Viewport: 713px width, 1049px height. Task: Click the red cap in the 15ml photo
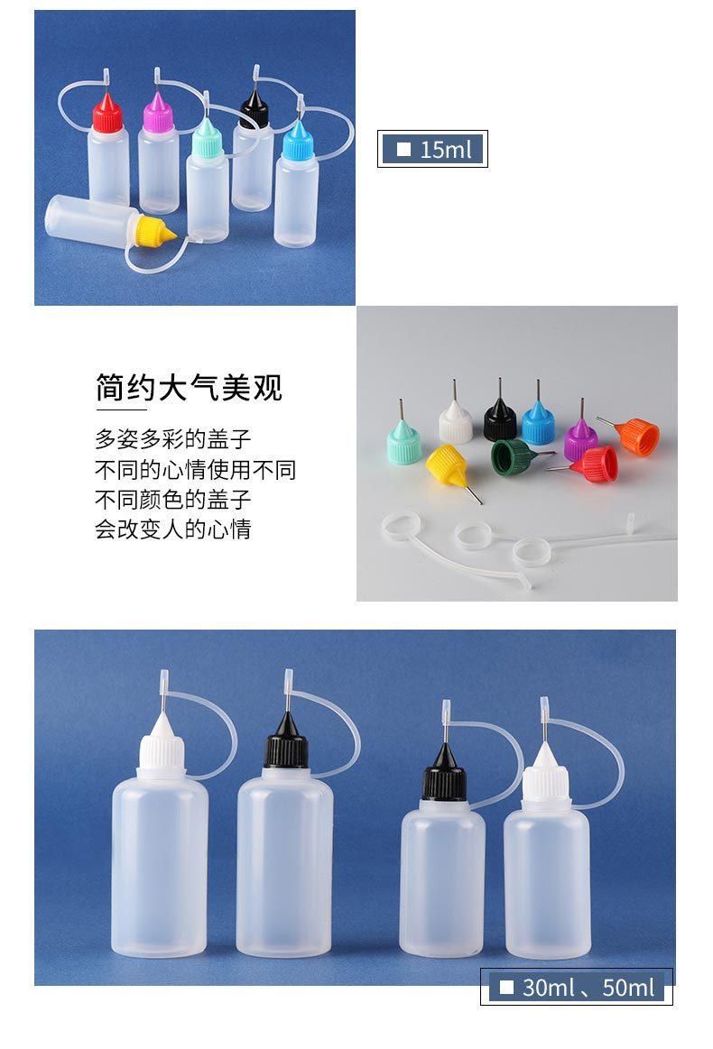point(106,116)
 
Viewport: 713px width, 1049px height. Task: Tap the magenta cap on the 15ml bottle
point(158,116)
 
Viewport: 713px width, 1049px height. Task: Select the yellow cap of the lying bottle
point(154,232)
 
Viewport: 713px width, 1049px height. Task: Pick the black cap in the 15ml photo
point(254,111)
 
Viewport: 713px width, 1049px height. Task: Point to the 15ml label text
point(446,149)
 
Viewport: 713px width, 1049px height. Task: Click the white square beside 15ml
point(403,149)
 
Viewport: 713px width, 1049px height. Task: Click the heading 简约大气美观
point(189,388)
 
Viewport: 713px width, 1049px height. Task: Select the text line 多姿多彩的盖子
point(173,439)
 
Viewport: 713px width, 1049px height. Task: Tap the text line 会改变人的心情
point(173,528)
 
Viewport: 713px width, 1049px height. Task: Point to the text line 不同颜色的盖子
point(173,499)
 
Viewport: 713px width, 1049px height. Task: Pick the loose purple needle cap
point(580,439)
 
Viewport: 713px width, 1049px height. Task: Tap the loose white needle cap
point(456,423)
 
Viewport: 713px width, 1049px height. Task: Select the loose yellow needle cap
point(447,465)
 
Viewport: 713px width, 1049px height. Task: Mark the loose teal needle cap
point(404,445)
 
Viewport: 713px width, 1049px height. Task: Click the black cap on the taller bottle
point(284,750)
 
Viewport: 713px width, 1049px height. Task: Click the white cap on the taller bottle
point(162,752)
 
